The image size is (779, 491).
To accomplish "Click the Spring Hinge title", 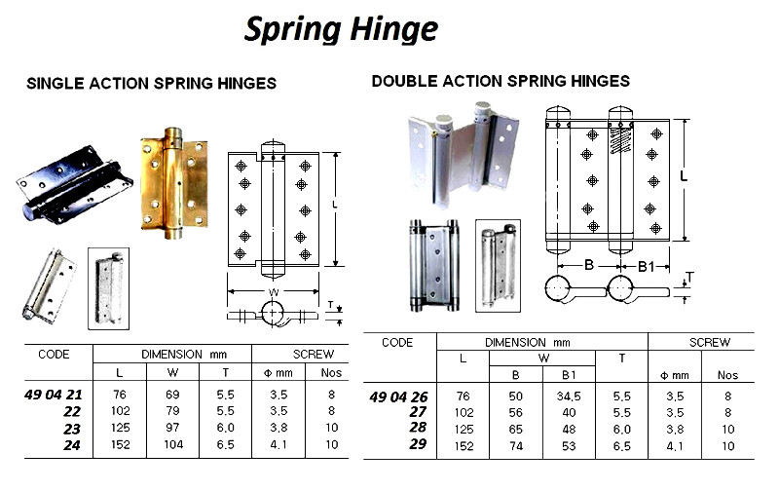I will coord(340,29).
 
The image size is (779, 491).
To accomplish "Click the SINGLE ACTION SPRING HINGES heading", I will coord(151,84).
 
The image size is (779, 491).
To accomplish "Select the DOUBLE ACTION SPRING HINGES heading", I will coord(501,81).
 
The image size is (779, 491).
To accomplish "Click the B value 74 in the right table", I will coord(514,446).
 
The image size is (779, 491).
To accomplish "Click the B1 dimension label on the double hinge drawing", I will coord(645,265).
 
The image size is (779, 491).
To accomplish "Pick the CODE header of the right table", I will coord(397,343).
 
